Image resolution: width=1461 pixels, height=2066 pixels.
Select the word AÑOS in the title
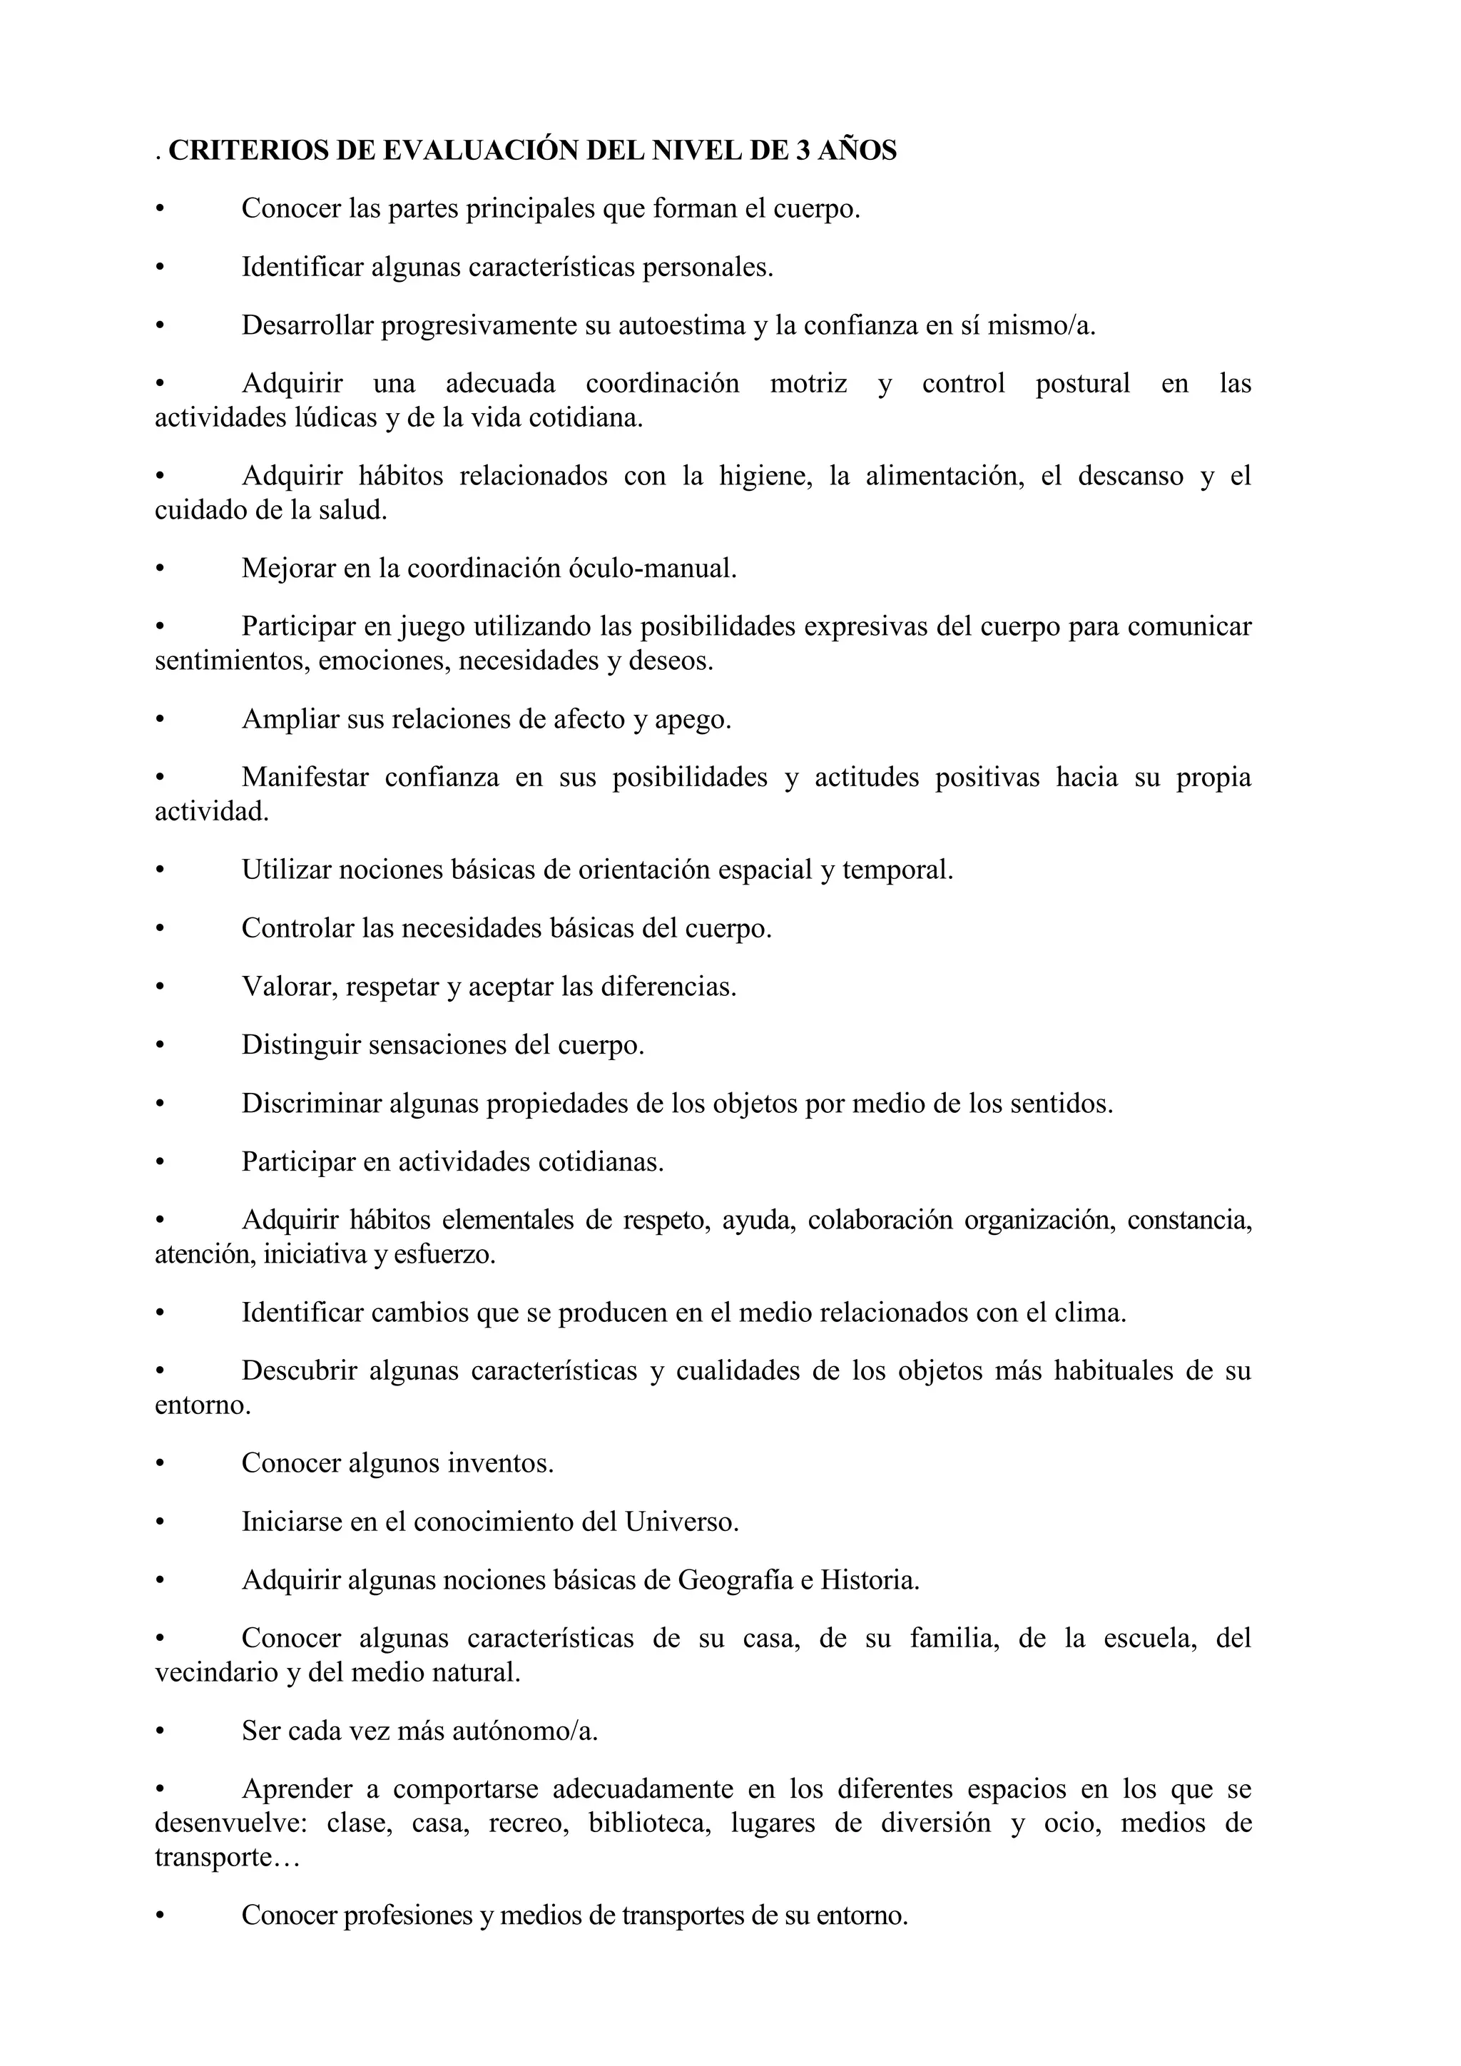tap(858, 151)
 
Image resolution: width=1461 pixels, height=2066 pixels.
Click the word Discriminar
tap(311, 1102)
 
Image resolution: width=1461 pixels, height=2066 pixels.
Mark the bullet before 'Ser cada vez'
tap(160, 1731)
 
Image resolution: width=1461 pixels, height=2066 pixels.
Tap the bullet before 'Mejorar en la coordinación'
tap(160, 568)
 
